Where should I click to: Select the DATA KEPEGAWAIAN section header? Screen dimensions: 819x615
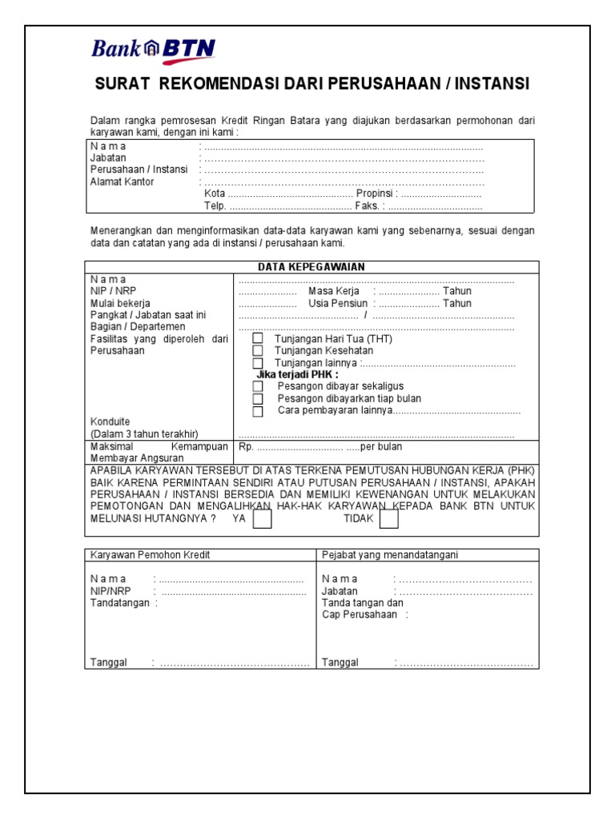pyautogui.click(x=311, y=267)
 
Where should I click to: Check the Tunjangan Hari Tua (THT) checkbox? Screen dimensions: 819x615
pyautogui.click(x=258, y=339)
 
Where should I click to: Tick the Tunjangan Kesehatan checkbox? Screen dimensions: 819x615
pyautogui.click(x=258, y=351)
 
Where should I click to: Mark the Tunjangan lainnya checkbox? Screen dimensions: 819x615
pyautogui.click(x=258, y=363)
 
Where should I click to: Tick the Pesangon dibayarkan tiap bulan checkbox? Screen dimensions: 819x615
pyautogui.click(x=258, y=399)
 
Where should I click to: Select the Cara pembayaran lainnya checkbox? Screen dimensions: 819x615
pyautogui.click(x=258, y=411)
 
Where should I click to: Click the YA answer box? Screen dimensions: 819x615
pyautogui.click(x=262, y=520)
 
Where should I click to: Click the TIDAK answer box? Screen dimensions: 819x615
pyautogui.click(x=388, y=520)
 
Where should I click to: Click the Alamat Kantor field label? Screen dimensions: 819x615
pyautogui.click(x=122, y=182)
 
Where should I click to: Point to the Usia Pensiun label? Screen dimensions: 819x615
pyautogui.click(x=337, y=303)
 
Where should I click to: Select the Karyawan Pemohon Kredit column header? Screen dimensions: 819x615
pyautogui.click(x=151, y=555)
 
